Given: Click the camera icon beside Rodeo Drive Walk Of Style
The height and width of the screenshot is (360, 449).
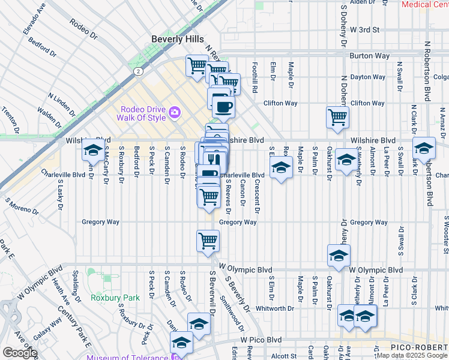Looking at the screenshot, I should tap(175, 111).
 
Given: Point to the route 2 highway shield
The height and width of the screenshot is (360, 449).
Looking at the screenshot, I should tap(138, 71).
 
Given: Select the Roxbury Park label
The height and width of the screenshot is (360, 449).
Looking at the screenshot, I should tap(115, 298).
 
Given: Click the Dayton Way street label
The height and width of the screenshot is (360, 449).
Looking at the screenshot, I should tap(367, 77).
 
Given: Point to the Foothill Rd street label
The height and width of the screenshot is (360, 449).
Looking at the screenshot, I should tap(255, 80).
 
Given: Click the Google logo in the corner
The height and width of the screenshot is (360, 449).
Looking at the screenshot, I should tap(20, 353).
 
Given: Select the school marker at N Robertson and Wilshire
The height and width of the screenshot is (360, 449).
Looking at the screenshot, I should tap(424, 148).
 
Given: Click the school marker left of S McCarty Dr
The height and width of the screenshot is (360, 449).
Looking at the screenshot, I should tap(93, 151).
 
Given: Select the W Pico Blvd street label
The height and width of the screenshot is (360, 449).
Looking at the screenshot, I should tap(261, 339).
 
